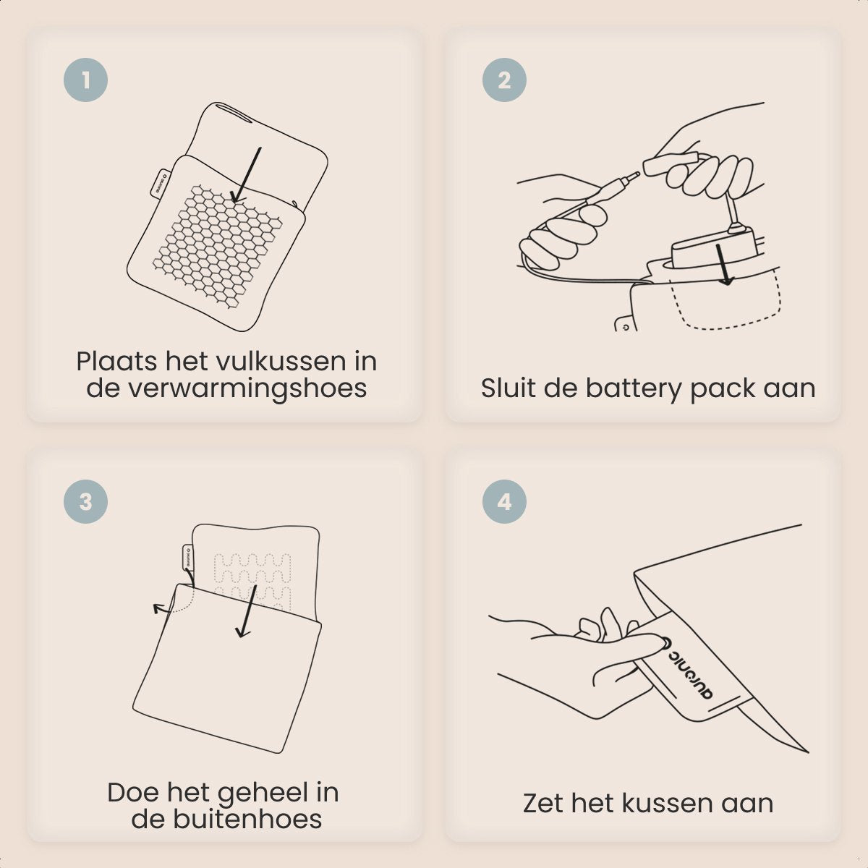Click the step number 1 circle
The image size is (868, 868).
point(85,80)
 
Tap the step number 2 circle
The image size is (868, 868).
point(504,80)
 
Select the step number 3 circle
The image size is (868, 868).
point(85,501)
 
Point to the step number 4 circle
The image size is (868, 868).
point(504,501)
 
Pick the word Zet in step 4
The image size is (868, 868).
point(543,803)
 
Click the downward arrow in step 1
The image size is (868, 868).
point(246,175)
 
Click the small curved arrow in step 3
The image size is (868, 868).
point(174,603)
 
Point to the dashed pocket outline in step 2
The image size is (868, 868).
point(726,301)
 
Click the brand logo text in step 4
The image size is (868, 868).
point(690,671)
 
